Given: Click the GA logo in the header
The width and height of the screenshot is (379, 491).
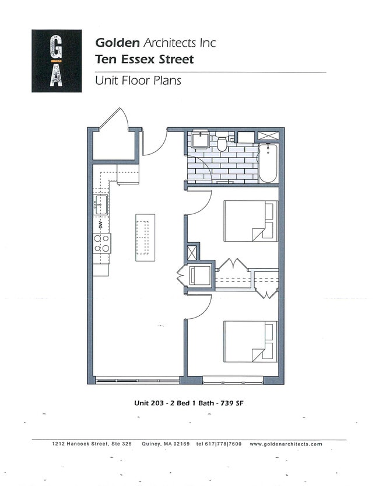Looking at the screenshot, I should click(57, 61).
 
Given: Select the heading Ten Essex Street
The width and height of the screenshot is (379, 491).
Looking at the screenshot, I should click(144, 59).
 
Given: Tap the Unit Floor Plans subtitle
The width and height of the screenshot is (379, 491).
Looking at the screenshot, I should click(138, 81).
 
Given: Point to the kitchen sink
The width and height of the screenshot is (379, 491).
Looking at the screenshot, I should click(101, 204).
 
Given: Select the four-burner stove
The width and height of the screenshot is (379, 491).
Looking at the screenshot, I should click(102, 243).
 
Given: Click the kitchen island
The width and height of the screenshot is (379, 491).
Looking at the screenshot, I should click(145, 237).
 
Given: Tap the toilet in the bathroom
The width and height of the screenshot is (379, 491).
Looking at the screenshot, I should click(222, 142).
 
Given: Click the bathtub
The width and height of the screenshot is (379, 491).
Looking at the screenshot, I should click(269, 163).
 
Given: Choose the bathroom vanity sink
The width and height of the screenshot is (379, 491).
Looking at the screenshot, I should click(201, 139).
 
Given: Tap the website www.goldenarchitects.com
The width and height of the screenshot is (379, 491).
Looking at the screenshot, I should click(286, 444).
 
